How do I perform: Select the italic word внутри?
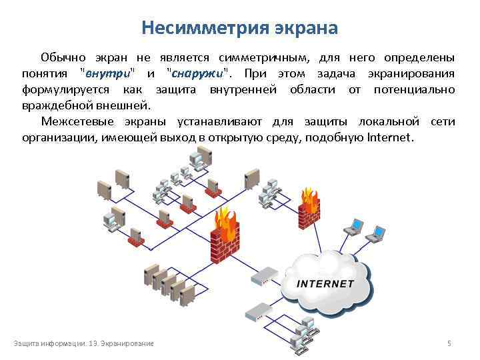tap(107, 73)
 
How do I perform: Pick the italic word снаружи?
tap(198, 73)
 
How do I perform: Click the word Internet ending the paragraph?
tap(390, 138)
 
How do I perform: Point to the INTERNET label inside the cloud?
tap(325, 283)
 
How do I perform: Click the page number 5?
tap(449, 343)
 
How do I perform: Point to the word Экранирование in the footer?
tap(131, 343)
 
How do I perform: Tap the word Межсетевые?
tap(74, 121)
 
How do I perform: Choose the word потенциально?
tap(414, 89)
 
